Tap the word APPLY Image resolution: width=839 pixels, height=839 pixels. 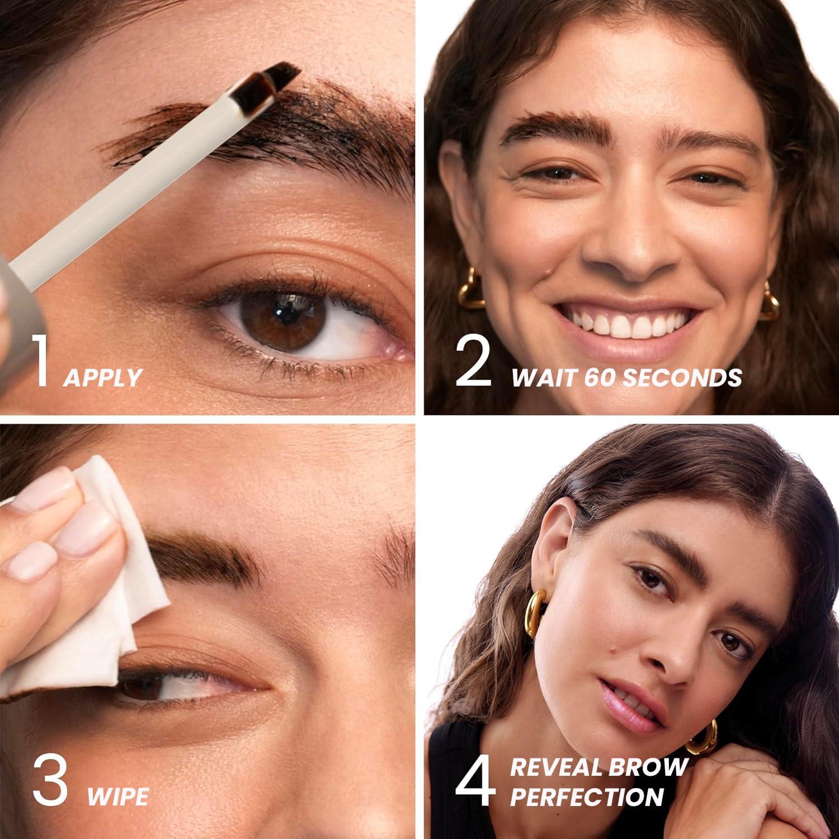point(102,378)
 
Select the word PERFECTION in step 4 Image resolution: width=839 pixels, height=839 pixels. point(587,796)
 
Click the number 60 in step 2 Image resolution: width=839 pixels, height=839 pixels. point(600,378)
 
